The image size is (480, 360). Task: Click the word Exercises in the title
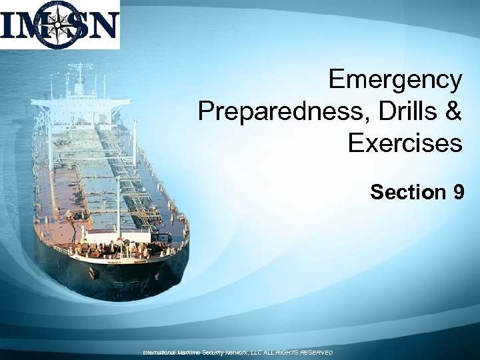point(405,142)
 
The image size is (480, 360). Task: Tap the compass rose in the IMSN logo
point(59,25)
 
